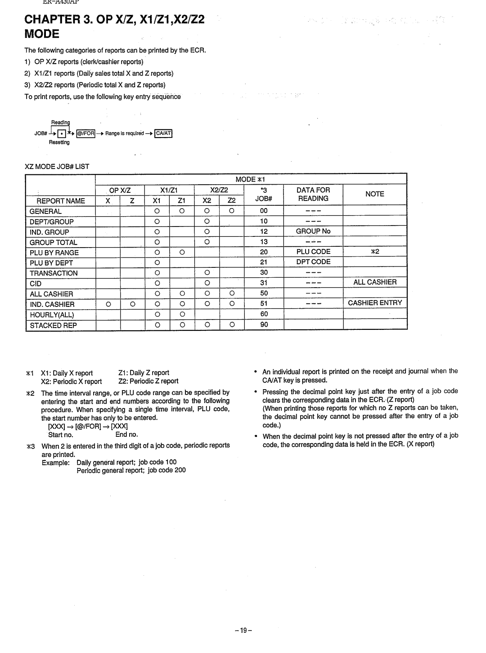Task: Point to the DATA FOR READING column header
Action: pyautogui.click(x=313, y=194)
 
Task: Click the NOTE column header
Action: pyautogui.click(x=374, y=194)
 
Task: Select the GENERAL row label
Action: pyautogui.click(x=45, y=211)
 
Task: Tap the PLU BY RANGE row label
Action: pyautogui.click(x=54, y=253)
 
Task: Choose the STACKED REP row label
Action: pyautogui.click(x=53, y=325)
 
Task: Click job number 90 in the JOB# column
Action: pyautogui.click(x=264, y=324)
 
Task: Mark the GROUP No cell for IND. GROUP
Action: pyautogui.click(x=313, y=231)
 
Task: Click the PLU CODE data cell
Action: pyautogui.click(x=313, y=252)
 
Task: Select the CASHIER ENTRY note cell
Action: pyautogui.click(x=375, y=303)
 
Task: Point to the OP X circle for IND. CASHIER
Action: pyautogui.click(x=108, y=304)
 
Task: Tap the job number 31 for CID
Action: pyautogui.click(x=264, y=283)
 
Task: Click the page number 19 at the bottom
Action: pyautogui.click(x=243, y=631)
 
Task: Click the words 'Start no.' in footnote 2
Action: pyautogui.click(x=61, y=435)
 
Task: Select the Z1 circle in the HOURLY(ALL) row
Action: pyautogui.click(x=182, y=314)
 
